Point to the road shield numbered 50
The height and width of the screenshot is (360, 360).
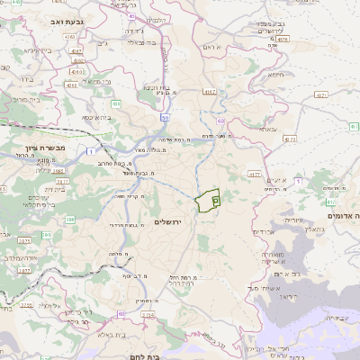coord(165,118)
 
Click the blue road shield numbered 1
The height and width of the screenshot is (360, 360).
coord(94,151)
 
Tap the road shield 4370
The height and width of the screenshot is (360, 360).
coord(289,139)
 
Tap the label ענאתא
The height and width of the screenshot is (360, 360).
coord(268,129)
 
